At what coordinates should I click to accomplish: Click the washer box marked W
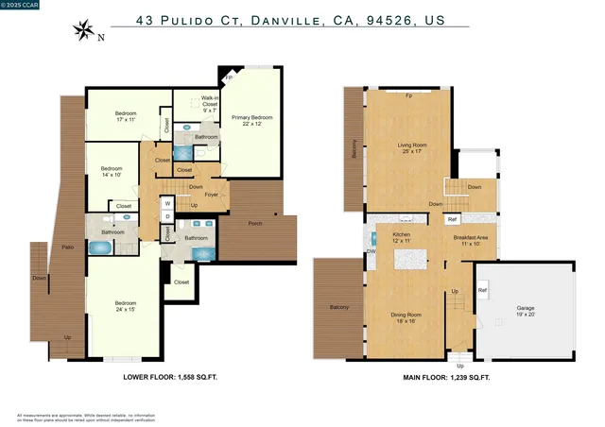tap(167, 202)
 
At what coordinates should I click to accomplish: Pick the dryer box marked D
tap(167, 216)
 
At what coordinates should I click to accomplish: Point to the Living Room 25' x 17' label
tap(411, 148)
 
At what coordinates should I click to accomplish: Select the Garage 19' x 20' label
tap(525, 311)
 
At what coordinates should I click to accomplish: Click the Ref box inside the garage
tap(482, 290)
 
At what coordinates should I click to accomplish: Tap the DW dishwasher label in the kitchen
tap(370, 250)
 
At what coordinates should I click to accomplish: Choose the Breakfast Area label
tap(470, 240)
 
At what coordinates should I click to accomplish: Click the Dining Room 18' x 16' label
tap(406, 317)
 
